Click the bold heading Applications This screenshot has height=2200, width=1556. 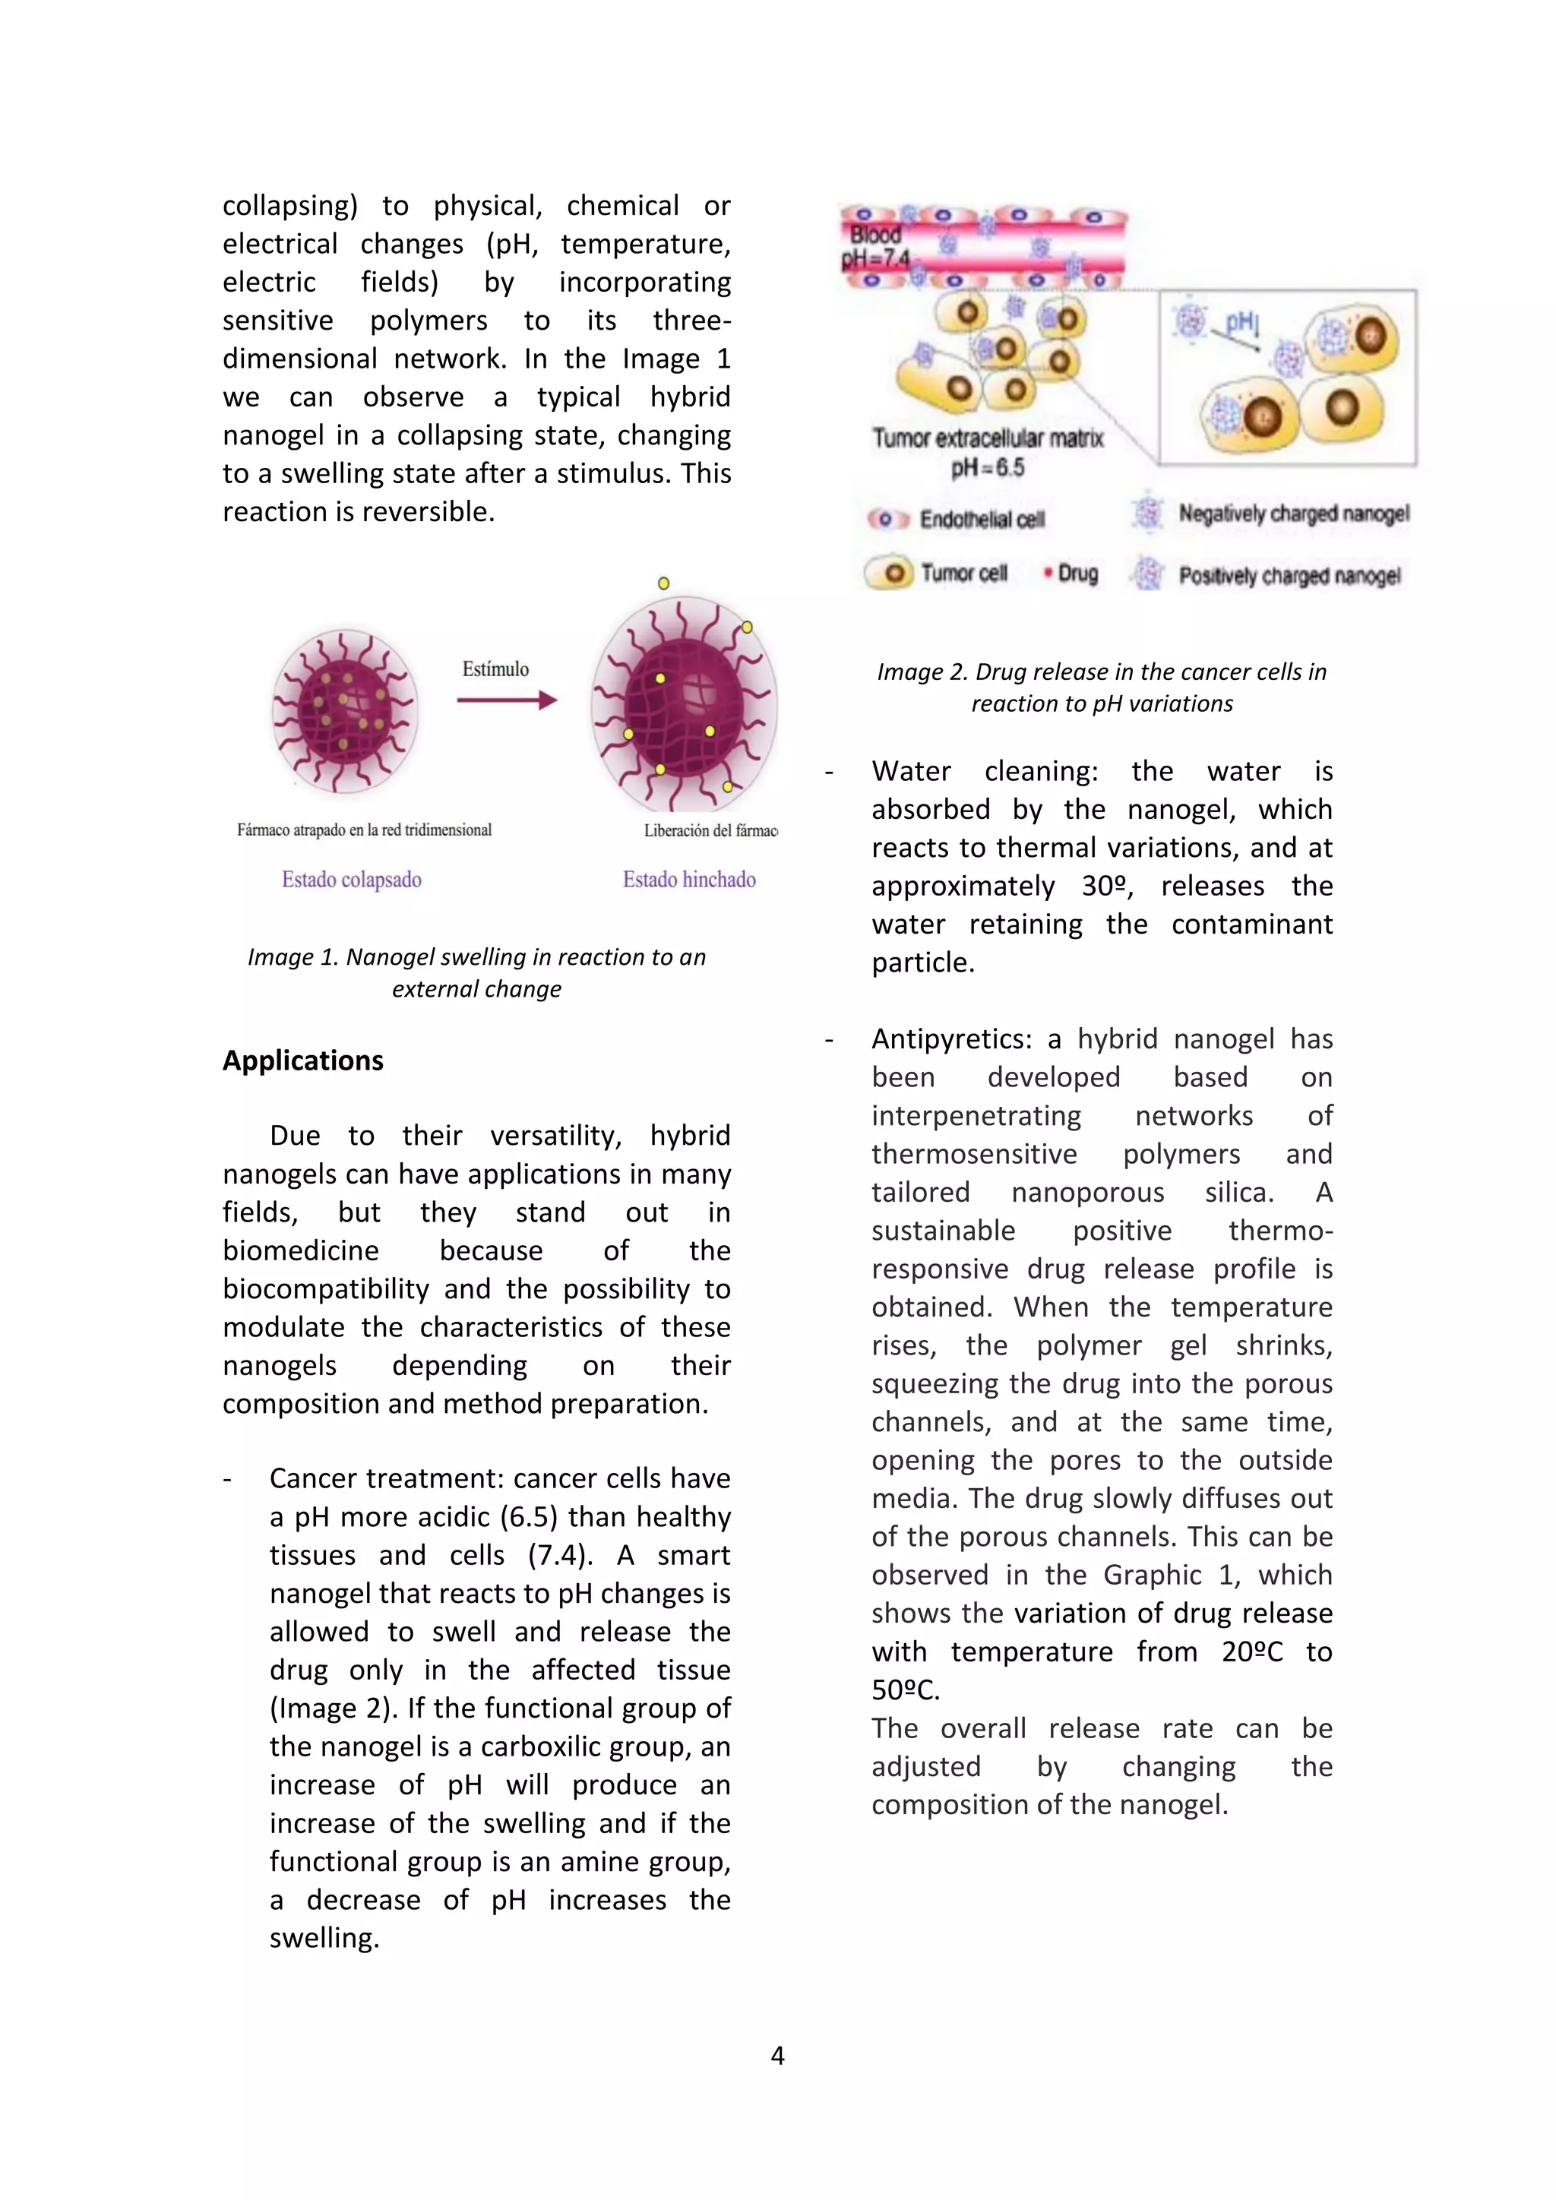[x=303, y=1060]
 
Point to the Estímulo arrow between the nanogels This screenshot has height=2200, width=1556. [x=506, y=700]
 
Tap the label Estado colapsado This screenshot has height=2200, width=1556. [x=352, y=880]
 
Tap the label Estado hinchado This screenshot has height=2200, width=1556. [x=689, y=880]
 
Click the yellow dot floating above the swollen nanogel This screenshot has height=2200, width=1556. [x=663, y=583]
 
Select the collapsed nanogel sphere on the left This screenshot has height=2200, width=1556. [x=345, y=710]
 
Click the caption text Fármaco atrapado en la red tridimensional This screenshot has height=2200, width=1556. [x=364, y=830]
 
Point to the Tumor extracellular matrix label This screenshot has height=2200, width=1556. [x=987, y=439]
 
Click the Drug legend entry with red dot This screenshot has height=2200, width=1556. [x=1073, y=573]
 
